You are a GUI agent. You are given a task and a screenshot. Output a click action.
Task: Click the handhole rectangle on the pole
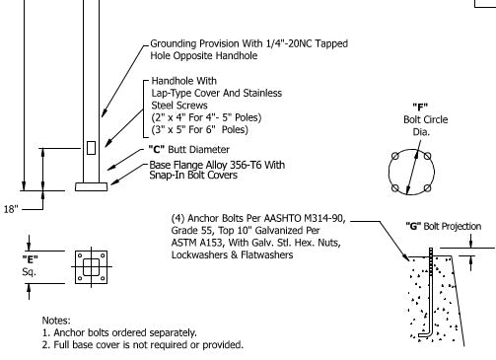[91, 148]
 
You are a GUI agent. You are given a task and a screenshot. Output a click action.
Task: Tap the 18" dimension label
[11, 209]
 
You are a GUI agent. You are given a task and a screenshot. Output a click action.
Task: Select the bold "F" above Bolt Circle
[420, 108]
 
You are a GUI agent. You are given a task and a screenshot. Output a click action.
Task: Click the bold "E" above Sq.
[31, 259]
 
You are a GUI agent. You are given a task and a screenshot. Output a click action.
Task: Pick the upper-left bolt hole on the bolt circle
[395, 156]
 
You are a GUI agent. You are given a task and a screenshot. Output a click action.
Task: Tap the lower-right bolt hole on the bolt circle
[427, 188]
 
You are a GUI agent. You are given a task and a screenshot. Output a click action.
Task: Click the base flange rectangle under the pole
[91, 186]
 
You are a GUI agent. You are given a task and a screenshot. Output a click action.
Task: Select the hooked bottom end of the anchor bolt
[424, 335]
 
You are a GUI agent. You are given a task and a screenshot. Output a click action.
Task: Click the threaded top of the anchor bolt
[431, 259]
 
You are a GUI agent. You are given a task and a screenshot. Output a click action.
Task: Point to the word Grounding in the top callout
[174, 43]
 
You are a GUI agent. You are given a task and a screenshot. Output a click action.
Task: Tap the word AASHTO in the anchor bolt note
[283, 218]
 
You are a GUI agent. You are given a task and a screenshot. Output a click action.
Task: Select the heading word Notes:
[56, 321]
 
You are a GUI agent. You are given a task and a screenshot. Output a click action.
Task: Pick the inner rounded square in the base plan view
[91, 266]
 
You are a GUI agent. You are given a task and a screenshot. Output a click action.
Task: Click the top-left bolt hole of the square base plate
[80, 255]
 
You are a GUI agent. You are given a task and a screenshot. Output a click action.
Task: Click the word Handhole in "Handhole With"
[172, 81]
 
